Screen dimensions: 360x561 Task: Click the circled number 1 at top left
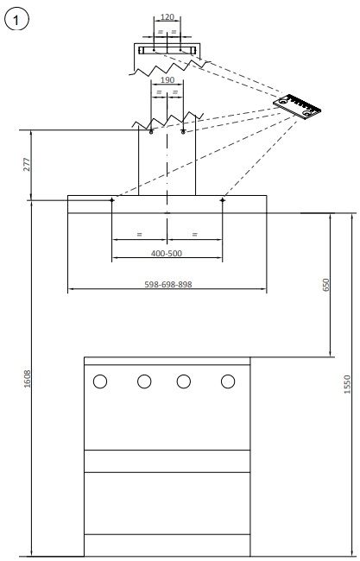click(16, 21)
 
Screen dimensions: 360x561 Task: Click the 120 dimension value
click(167, 17)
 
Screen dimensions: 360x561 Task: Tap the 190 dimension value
click(167, 79)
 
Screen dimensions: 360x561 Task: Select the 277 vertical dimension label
click(28, 165)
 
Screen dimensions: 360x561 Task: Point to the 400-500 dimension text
click(167, 253)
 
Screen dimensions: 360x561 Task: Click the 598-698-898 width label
click(168, 284)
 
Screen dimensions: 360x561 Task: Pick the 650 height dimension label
click(325, 285)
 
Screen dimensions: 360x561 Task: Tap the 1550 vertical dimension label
click(346, 384)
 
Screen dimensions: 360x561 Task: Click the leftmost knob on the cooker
click(100, 381)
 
